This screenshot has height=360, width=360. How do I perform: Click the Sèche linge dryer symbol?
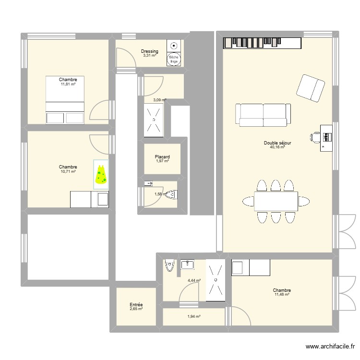[174, 59]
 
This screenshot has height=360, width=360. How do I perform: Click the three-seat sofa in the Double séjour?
[263, 114]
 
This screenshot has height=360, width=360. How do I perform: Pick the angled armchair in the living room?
[311, 88]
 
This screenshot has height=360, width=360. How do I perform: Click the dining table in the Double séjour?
[276, 200]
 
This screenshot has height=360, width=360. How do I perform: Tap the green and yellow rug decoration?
[101, 175]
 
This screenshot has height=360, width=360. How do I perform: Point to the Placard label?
[162, 157]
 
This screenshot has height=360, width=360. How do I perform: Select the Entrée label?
[136, 305]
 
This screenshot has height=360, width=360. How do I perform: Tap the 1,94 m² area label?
[193, 317]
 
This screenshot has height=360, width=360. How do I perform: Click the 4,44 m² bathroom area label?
[194, 280]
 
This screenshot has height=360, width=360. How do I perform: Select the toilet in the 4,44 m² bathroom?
[169, 265]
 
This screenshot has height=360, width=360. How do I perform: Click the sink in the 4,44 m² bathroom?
[187, 264]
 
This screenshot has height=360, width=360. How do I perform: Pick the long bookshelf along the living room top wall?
[262, 43]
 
